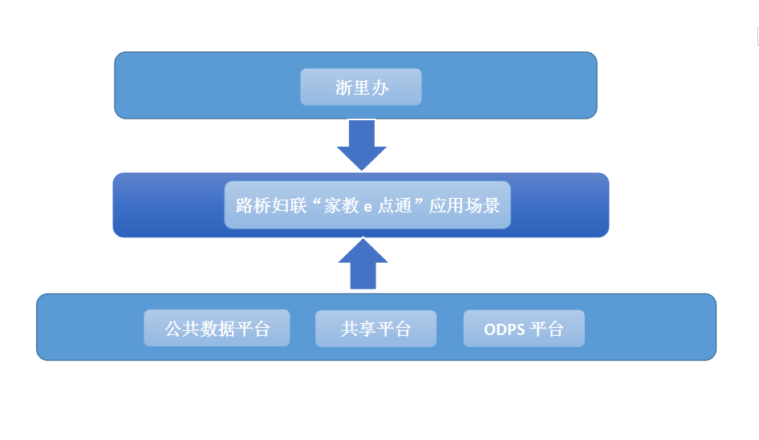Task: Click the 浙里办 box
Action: [x=361, y=87]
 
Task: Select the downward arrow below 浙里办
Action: [x=362, y=145]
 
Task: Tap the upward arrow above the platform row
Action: [x=363, y=264]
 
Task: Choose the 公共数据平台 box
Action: [x=217, y=329]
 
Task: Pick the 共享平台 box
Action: [x=375, y=329]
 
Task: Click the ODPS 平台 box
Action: [x=524, y=329]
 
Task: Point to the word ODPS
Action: [x=505, y=329]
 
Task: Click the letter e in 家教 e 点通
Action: [x=368, y=208]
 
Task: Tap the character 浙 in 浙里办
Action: [x=343, y=88]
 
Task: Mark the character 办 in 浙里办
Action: [x=380, y=88]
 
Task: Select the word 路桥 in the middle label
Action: [x=254, y=205]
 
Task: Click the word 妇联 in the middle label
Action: [x=289, y=205]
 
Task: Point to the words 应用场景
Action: [x=465, y=205]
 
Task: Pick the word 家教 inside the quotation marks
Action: [x=342, y=205]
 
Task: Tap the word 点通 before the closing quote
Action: [x=395, y=205]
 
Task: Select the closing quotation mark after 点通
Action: [x=419, y=200]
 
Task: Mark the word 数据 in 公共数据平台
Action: [x=217, y=329]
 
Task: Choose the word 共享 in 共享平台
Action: [x=358, y=329]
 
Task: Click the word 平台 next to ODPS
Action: [x=546, y=329]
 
